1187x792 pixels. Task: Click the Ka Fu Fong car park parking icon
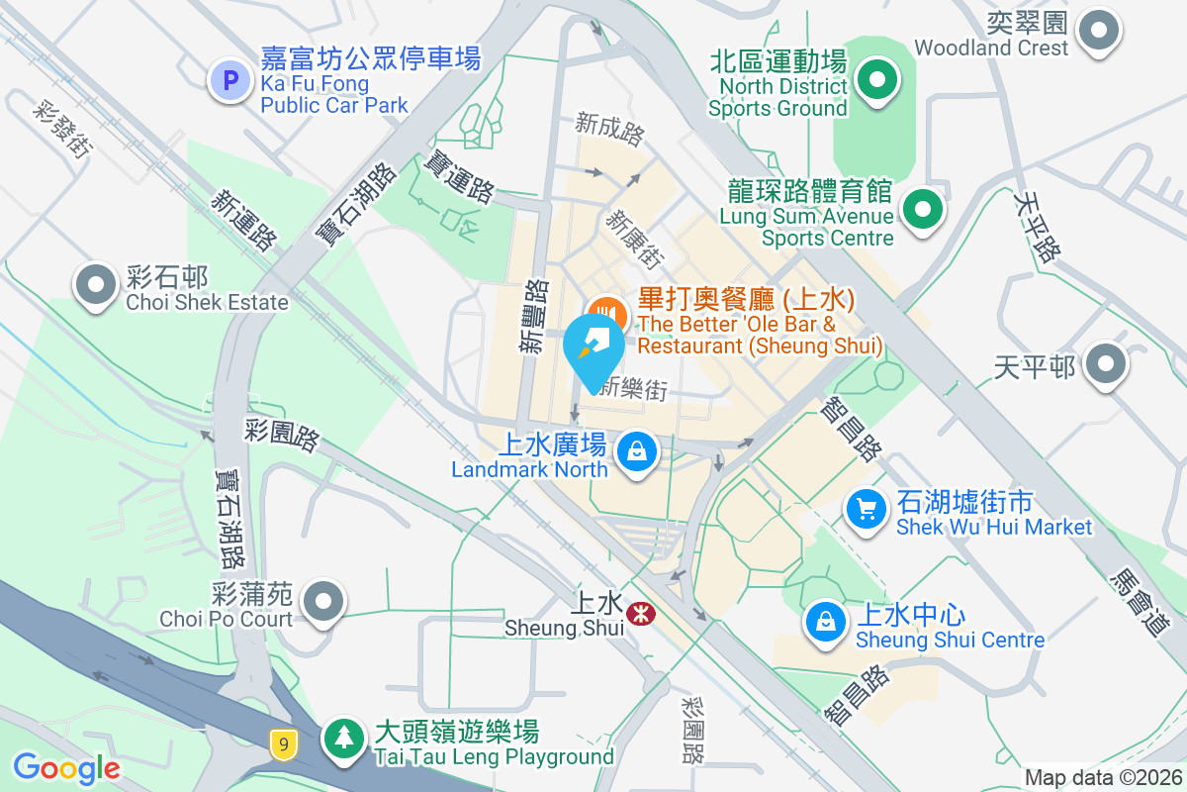click(x=230, y=80)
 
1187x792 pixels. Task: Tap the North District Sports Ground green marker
click(x=876, y=80)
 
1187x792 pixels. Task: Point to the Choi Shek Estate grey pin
click(x=96, y=285)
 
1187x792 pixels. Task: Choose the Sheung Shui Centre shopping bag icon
click(x=825, y=621)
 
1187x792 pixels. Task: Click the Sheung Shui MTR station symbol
click(x=640, y=614)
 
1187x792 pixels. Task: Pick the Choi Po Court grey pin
click(x=321, y=601)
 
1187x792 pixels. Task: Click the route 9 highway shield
click(x=284, y=742)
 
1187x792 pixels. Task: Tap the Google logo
click(x=66, y=767)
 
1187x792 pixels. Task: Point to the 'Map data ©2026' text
click(x=1102, y=777)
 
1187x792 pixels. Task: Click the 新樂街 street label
click(x=633, y=389)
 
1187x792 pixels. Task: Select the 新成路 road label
click(x=609, y=127)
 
